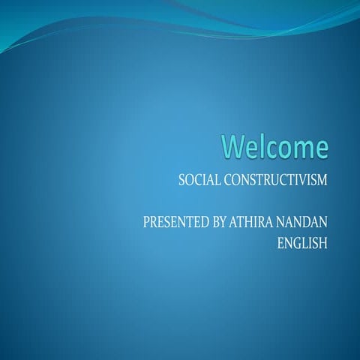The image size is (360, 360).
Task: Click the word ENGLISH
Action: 302,243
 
